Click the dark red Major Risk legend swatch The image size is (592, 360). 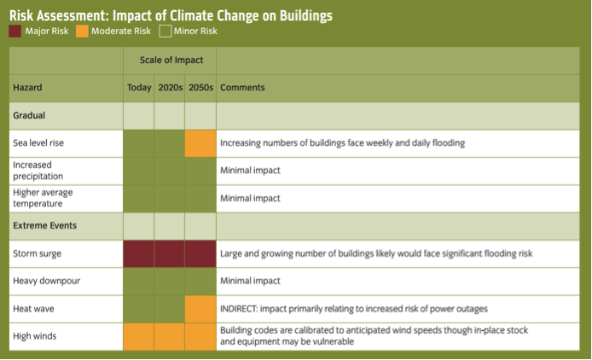pos(16,32)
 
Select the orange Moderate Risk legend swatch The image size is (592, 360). pos(81,32)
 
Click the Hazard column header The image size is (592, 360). pos(27,88)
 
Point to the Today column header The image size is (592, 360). pos(139,88)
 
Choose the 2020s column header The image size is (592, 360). pos(170,88)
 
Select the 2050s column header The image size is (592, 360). pos(200,88)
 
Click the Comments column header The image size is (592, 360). pos(242,88)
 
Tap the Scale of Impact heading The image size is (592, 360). pos(170,60)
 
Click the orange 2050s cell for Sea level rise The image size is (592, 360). pos(200,143)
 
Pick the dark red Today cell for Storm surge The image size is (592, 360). pos(139,254)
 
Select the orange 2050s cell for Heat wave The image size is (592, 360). pos(200,308)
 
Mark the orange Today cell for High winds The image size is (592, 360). pos(139,336)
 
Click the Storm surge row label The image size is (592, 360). pos(38,254)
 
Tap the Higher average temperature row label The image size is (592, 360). pos(43,198)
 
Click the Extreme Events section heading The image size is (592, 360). pos(44,226)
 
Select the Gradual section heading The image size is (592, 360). pos(29,115)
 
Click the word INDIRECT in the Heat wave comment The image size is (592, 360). pos(242,308)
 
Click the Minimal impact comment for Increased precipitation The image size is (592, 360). pos(250,171)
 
